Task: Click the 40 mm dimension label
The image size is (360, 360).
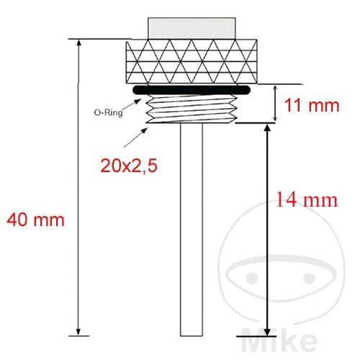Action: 35,220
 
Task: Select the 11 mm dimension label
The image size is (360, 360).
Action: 312,105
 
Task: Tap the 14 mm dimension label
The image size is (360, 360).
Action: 307,199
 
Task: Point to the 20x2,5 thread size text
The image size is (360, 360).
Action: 129,166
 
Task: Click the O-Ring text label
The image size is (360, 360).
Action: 108,112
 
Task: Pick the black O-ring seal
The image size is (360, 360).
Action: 192,89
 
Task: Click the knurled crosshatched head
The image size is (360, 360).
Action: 192,61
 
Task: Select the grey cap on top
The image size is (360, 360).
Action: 192,28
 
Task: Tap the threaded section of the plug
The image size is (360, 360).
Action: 192,109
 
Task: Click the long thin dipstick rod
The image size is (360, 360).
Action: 192,230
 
